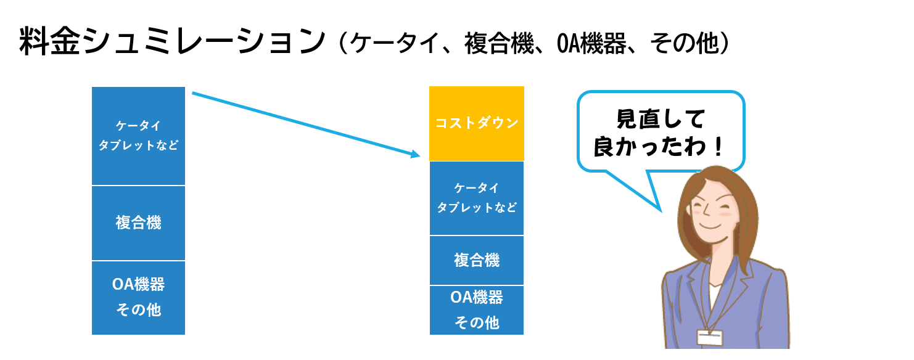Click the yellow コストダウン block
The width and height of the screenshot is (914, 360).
point(477,123)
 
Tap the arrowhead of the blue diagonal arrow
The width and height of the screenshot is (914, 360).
point(416,154)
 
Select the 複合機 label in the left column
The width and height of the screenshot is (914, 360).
point(138,223)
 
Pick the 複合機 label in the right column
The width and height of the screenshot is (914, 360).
point(477,260)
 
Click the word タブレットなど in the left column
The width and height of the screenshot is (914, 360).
point(138,145)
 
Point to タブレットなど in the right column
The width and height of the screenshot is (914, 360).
point(477,208)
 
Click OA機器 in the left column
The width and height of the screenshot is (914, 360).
point(138,284)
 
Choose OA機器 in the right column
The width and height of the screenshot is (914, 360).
point(477,297)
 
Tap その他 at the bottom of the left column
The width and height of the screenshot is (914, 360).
point(138,310)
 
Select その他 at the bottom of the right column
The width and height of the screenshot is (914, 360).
point(477,323)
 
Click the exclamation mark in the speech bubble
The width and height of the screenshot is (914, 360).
point(718,147)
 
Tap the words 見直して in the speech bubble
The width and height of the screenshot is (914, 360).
point(661,119)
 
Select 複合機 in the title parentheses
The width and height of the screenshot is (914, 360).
point(499,43)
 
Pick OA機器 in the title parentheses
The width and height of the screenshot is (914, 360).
point(591,43)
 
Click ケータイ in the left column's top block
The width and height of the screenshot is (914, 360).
point(138,126)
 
